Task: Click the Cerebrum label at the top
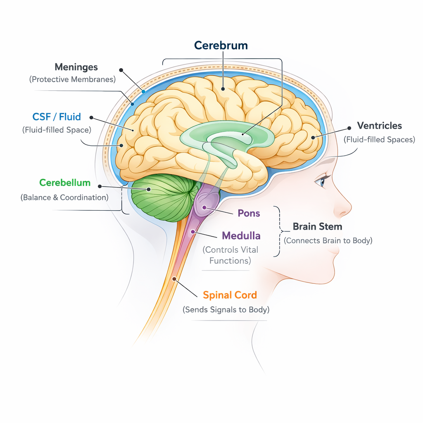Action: pyautogui.click(x=221, y=45)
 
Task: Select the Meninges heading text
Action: pyautogui.click(x=76, y=67)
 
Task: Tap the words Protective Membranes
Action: pyautogui.click(x=72, y=79)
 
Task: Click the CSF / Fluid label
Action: pyautogui.click(x=57, y=117)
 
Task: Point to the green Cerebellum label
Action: pyautogui.click(x=65, y=183)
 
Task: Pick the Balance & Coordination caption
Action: pyautogui.click(x=64, y=197)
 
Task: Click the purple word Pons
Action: pyautogui.click(x=249, y=214)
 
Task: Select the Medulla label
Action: pyautogui.click(x=241, y=236)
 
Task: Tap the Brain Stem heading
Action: pyautogui.click(x=317, y=227)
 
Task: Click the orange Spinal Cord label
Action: pyautogui.click(x=230, y=295)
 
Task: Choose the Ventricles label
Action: pyautogui.click(x=379, y=126)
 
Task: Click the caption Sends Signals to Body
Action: pyautogui.click(x=226, y=310)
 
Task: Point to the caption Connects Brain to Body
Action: pyautogui.click(x=328, y=241)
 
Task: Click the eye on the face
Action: pyautogui.click(x=321, y=181)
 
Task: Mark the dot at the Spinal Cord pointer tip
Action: pyautogui.click(x=174, y=279)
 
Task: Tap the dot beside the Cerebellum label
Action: pyautogui.click(x=99, y=186)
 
